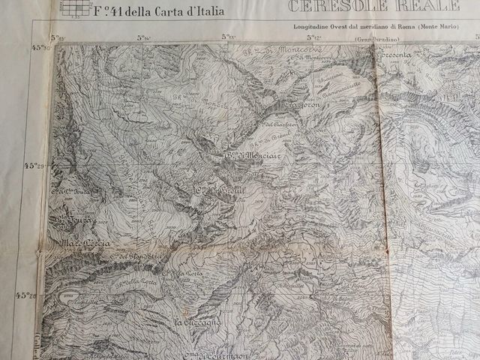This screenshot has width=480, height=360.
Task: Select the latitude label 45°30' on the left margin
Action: click(40, 47)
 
